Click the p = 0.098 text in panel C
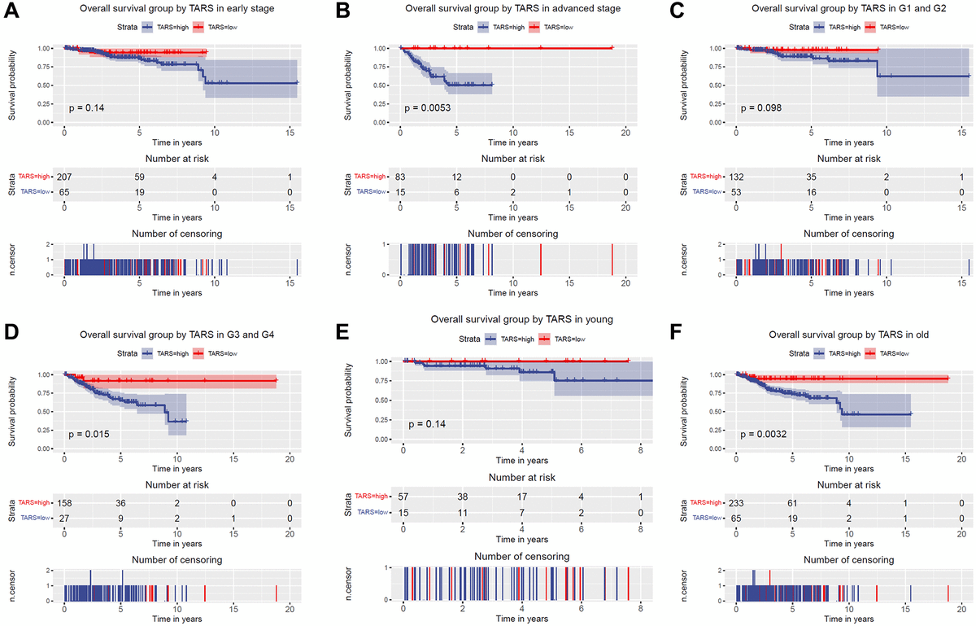(x=763, y=107)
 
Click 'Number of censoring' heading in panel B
(x=513, y=234)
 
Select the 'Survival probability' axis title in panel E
(x=349, y=398)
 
